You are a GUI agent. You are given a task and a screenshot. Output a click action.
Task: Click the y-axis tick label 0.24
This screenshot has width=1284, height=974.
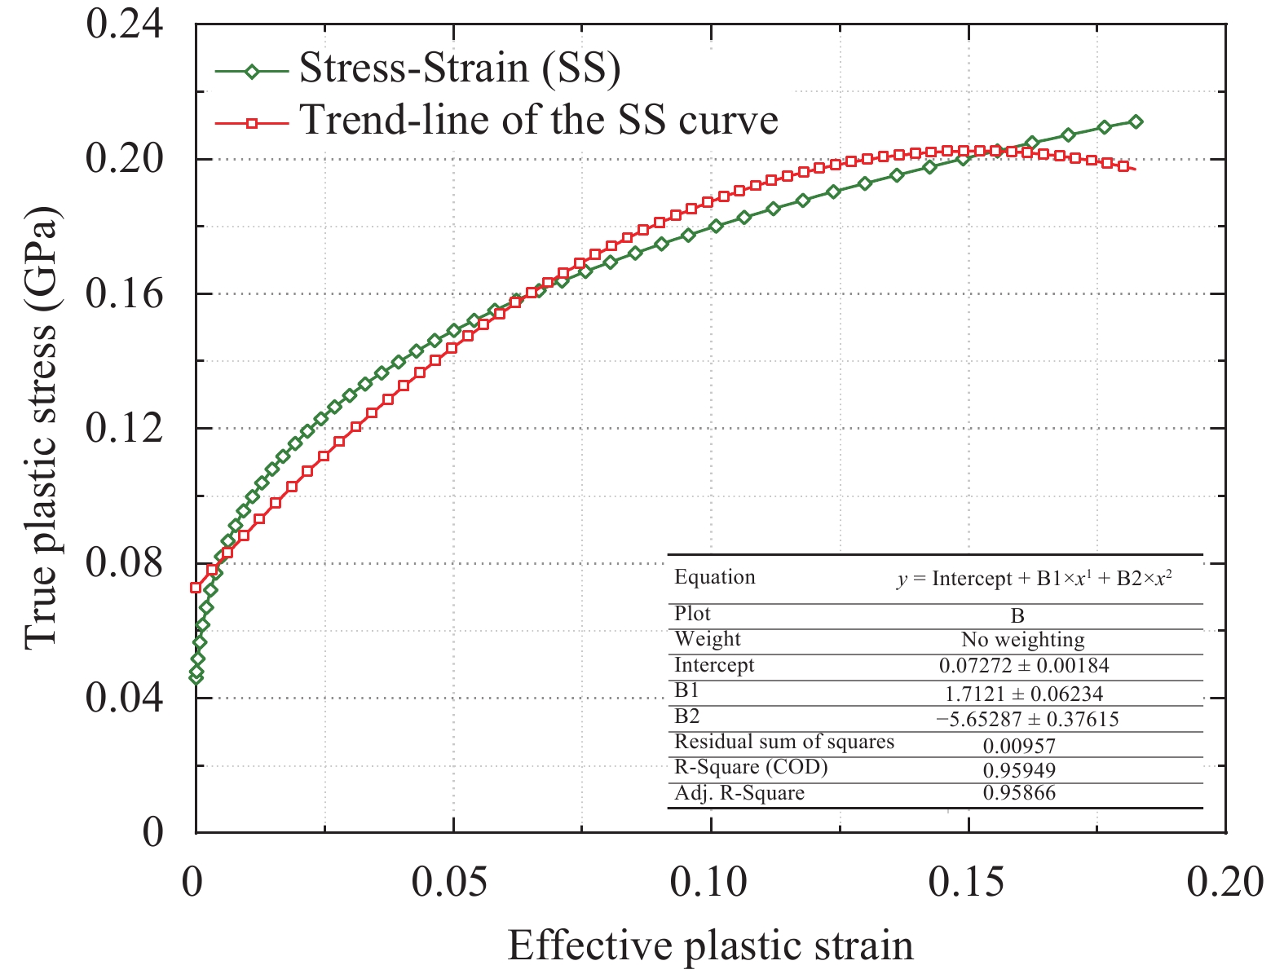(124, 24)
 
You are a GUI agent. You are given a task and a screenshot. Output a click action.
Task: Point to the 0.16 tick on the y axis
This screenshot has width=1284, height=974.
(124, 293)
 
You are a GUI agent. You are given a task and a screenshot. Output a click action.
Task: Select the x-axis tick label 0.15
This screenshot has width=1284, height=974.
(968, 882)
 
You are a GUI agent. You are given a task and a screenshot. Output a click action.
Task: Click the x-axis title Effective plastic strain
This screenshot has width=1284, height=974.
(710, 945)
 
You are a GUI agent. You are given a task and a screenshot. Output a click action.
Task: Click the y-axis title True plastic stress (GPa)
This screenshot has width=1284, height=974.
(41, 427)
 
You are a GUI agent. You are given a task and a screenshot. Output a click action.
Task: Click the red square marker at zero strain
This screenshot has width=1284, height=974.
(196, 587)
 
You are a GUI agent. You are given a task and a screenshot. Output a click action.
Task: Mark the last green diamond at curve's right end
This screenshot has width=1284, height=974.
(1136, 121)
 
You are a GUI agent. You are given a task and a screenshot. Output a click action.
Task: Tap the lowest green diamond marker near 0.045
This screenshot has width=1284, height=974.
(196, 677)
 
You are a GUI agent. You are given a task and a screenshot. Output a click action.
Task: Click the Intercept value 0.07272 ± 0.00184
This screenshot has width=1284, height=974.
(1024, 666)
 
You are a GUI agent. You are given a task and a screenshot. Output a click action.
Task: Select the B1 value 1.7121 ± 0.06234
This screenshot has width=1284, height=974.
(1024, 694)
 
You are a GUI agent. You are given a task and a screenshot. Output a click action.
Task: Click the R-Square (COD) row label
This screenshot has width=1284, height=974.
(751, 767)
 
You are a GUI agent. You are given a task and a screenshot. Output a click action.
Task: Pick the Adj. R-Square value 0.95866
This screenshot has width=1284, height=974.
(1019, 793)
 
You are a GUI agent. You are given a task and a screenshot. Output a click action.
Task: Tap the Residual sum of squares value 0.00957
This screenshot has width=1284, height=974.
(1019, 746)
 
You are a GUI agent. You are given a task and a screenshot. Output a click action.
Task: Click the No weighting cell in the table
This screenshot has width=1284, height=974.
(1022, 640)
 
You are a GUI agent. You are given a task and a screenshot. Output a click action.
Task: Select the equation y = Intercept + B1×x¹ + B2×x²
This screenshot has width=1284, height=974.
(1035, 579)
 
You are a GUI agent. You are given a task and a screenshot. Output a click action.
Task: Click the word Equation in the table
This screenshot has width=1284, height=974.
(714, 577)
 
